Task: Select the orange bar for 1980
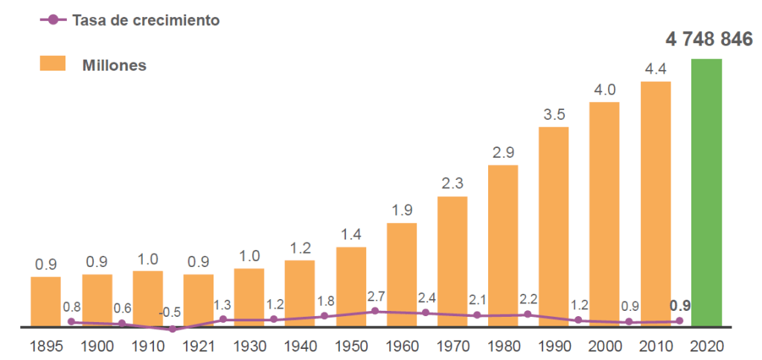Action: (503, 245)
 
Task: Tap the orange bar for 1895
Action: (45, 301)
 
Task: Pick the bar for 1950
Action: (351, 286)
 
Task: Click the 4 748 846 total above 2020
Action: (709, 40)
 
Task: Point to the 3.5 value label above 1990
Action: (553, 115)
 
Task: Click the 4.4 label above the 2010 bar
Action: (656, 69)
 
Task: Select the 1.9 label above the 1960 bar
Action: (402, 210)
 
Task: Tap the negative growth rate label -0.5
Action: (170, 312)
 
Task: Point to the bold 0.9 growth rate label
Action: (679, 305)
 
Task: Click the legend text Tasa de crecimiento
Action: (146, 20)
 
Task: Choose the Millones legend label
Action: (115, 65)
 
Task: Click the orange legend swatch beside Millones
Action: (53, 64)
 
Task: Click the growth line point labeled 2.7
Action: (375, 311)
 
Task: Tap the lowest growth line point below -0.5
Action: (173, 329)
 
